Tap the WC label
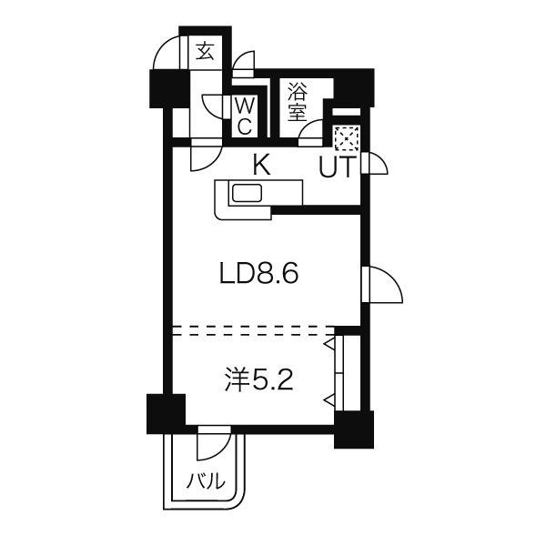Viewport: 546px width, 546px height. (245, 116)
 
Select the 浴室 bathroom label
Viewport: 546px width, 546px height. (297, 102)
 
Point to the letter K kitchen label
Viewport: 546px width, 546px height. (261, 166)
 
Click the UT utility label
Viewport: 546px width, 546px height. (338, 167)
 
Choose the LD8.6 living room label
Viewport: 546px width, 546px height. (259, 274)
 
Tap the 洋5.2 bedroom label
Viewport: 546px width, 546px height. (258, 380)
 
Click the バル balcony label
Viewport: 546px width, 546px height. (206, 480)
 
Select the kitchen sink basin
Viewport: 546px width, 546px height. (247, 193)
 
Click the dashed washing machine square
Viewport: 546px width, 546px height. (347, 138)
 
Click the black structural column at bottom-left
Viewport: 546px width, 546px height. (167, 414)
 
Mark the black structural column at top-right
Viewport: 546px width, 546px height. (354, 87)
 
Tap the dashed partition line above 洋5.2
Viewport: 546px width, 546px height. (254, 330)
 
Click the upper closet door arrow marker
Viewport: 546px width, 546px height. (329, 344)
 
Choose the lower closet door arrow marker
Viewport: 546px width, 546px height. (329, 401)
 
